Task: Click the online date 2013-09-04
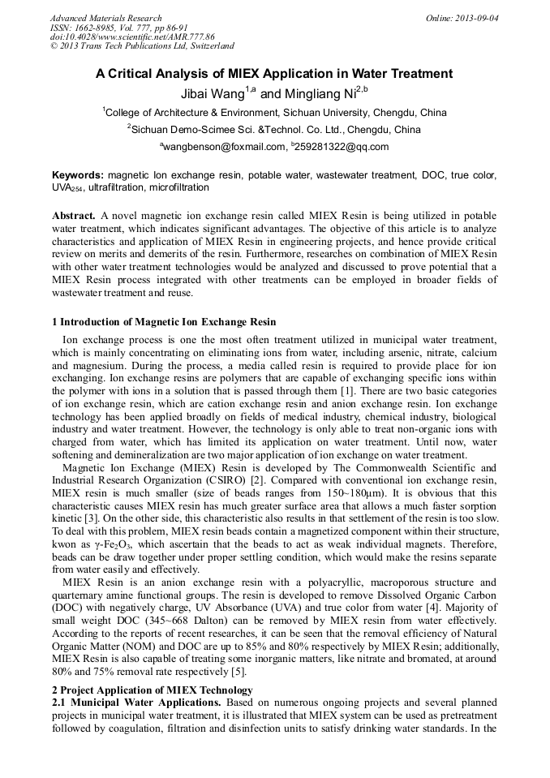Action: (x=475, y=18)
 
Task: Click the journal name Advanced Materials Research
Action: (x=105, y=18)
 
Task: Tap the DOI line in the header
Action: (x=132, y=37)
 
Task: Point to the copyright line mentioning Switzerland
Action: (x=142, y=46)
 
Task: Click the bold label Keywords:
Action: (x=78, y=175)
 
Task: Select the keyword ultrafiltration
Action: (x=122, y=187)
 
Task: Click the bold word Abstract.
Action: (x=74, y=216)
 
